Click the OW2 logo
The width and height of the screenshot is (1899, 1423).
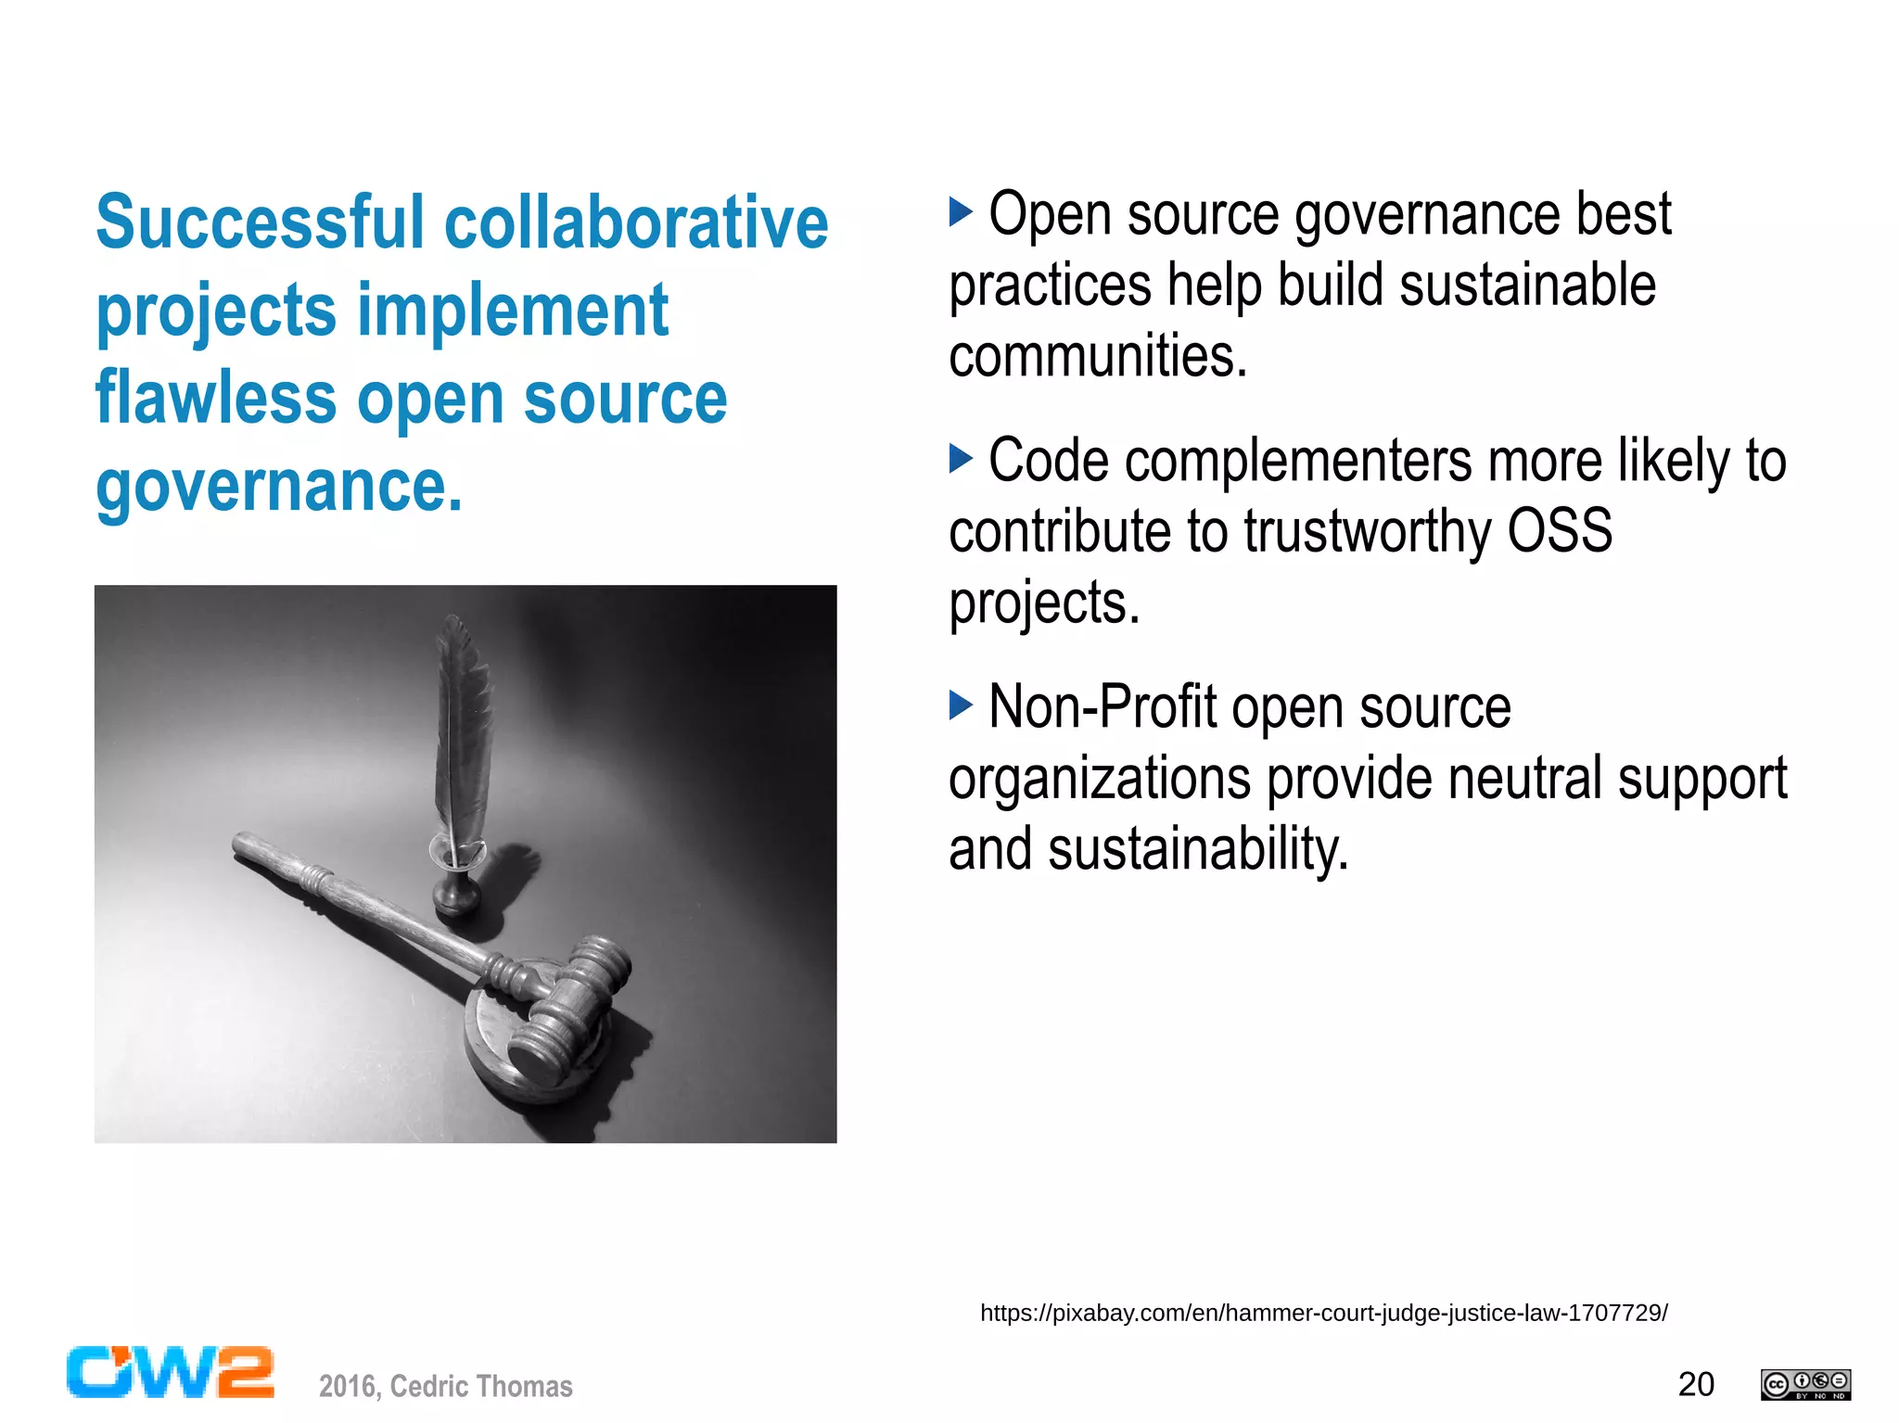pos(171,1372)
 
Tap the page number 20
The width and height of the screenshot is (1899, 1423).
pos(1696,1384)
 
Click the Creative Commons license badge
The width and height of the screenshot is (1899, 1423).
pos(1805,1384)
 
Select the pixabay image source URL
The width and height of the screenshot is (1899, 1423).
pos(1323,1313)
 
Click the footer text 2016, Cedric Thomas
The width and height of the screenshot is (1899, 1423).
pos(445,1386)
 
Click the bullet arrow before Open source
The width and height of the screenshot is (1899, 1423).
pos(961,212)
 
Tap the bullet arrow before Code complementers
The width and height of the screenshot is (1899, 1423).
pos(961,458)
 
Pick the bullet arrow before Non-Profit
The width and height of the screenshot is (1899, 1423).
pos(961,705)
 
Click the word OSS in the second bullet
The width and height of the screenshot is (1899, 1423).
pos(1560,531)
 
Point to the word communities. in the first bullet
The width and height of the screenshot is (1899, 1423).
pos(1098,356)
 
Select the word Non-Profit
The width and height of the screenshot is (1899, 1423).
pos(1102,707)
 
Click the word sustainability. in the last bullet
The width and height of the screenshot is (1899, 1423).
pos(1197,849)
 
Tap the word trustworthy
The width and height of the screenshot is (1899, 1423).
pos(1367,531)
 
